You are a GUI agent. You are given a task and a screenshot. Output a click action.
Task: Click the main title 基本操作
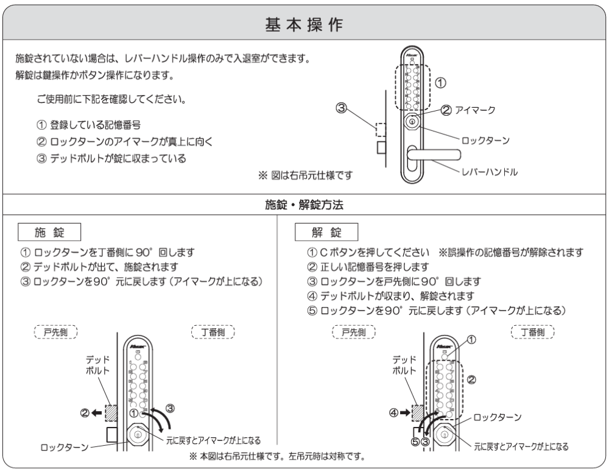tap(304, 25)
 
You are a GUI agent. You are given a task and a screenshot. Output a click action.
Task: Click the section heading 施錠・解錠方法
tap(304, 206)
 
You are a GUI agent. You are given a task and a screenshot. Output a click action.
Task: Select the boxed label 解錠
tap(326, 233)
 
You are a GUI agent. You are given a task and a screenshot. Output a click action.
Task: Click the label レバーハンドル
tap(489, 172)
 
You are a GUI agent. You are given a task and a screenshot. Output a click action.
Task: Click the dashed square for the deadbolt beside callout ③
tap(381, 130)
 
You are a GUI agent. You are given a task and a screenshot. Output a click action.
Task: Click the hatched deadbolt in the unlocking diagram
tap(419, 413)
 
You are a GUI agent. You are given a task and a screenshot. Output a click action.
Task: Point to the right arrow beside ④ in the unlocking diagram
tap(407, 413)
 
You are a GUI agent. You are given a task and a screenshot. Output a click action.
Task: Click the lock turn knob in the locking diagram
tap(138, 435)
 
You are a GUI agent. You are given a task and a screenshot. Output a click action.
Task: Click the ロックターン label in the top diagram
tap(485, 140)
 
